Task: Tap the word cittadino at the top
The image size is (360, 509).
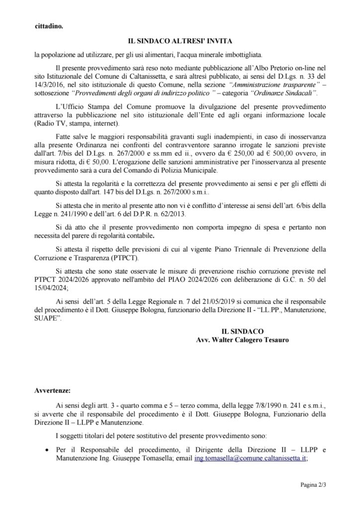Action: click(49, 26)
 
